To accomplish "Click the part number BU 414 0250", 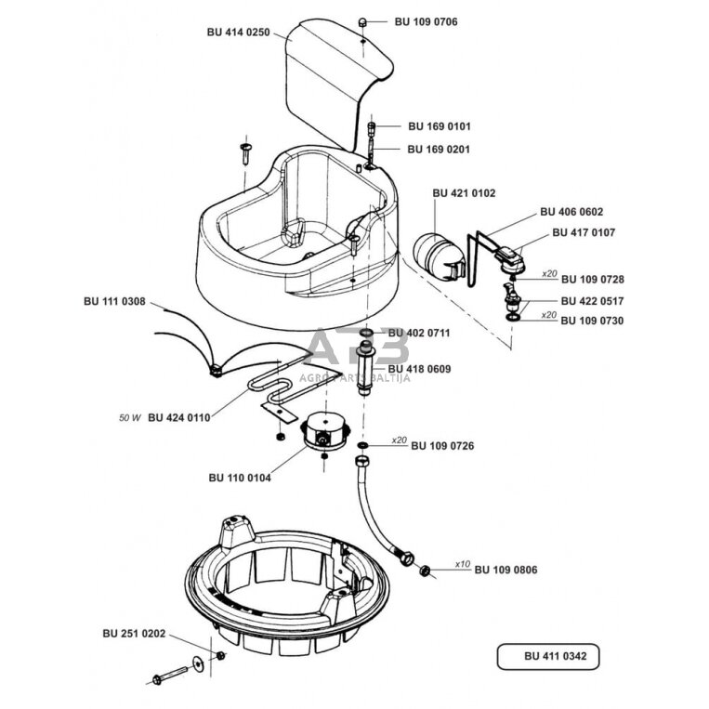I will [238, 32].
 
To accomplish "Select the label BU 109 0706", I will [426, 20].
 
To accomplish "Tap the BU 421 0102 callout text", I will [464, 193].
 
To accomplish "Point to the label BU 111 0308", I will [113, 301].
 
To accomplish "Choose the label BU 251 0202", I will [134, 634].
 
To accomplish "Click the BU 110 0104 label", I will [240, 478].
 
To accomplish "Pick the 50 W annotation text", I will [128, 417].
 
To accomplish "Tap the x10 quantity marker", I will [463, 564].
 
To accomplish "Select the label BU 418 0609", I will [419, 369].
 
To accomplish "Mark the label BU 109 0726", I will [442, 446].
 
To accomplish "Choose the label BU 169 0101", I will [439, 125].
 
